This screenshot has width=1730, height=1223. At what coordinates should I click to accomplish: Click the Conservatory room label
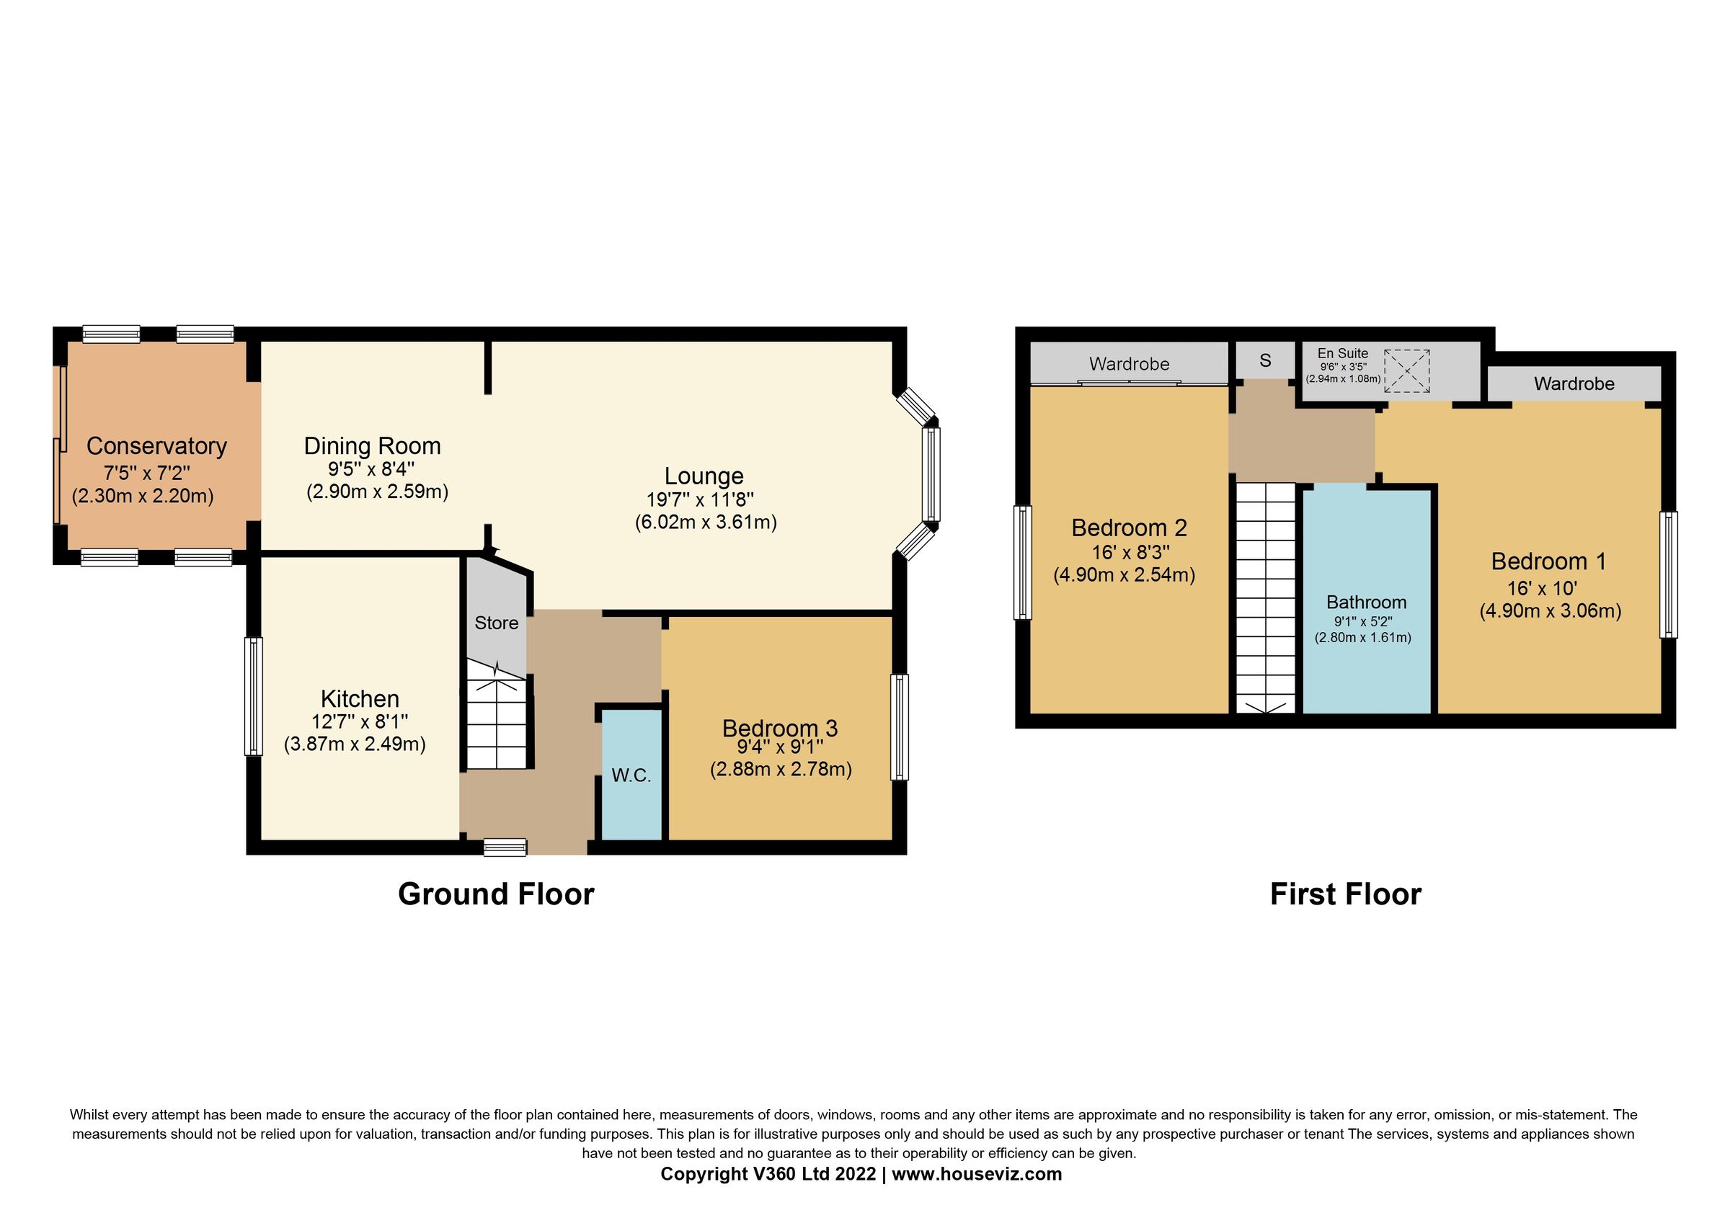click(156, 446)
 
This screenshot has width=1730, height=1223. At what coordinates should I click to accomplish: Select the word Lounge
click(703, 476)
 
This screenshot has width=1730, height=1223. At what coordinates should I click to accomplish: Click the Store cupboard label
click(496, 623)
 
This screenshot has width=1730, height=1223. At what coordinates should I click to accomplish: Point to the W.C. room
click(631, 775)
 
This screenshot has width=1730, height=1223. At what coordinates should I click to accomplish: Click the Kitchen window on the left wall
click(253, 696)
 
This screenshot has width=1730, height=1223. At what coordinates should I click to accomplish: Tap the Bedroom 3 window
click(899, 726)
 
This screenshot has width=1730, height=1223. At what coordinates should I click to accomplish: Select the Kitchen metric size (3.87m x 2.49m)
click(354, 744)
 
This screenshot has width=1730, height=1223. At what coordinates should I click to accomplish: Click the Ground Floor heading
click(496, 894)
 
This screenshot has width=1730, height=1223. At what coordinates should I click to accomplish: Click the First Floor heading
click(1345, 894)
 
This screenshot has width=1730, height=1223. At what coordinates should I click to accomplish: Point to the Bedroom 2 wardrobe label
click(1129, 364)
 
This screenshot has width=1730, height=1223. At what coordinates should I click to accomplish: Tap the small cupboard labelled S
click(1265, 360)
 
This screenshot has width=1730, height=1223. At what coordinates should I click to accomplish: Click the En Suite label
click(1342, 353)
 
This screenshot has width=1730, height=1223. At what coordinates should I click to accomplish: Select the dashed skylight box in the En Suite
click(1406, 370)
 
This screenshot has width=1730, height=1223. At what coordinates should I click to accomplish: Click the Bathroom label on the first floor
click(1366, 602)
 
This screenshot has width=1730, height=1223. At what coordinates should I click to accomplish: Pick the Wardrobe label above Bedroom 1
click(1574, 383)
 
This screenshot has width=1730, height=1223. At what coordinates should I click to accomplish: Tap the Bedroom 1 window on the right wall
click(1669, 574)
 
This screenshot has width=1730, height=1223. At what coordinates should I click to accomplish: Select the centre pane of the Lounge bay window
click(931, 474)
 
